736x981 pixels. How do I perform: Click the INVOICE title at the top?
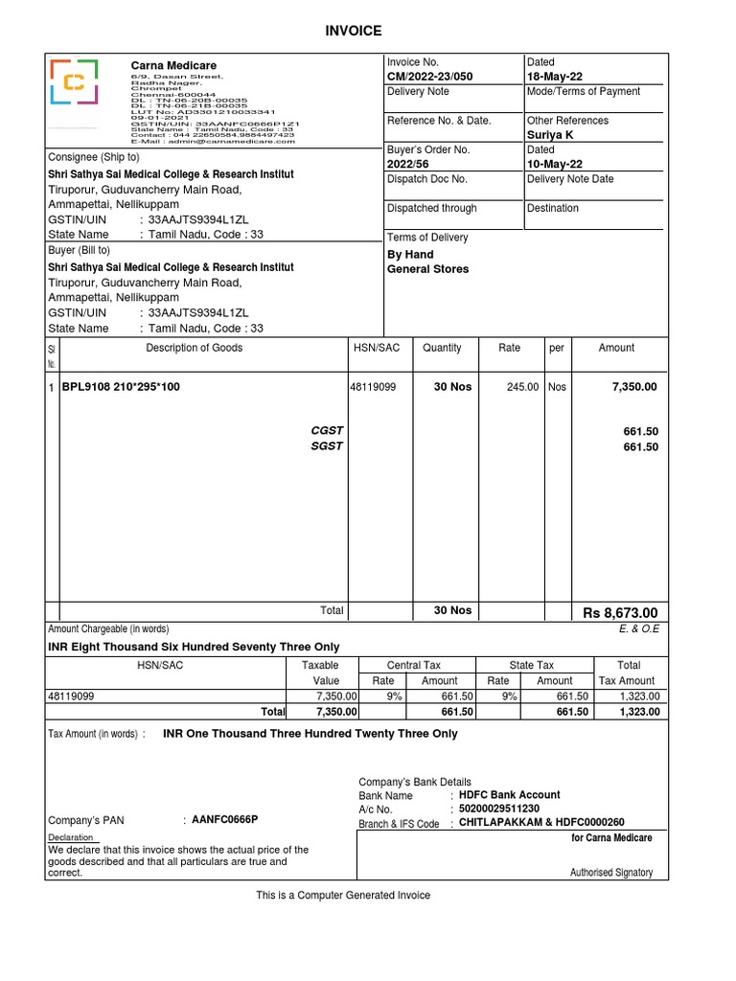(x=354, y=32)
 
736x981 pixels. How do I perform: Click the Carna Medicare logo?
(x=74, y=82)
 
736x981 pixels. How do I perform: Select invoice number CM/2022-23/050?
(x=430, y=77)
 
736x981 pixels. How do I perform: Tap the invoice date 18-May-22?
(x=555, y=77)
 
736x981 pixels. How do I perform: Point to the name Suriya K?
(x=550, y=135)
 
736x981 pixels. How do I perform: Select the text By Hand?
(x=410, y=255)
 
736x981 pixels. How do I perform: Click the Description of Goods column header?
(x=195, y=349)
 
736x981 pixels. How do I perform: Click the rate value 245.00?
(x=522, y=387)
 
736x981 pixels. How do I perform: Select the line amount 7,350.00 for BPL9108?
(x=634, y=387)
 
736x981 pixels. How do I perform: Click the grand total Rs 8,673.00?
(x=620, y=613)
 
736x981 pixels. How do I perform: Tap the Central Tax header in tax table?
(x=414, y=665)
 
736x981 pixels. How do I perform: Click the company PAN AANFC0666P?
(x=225, y=820)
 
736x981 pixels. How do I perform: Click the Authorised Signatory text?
(x=611, y=873)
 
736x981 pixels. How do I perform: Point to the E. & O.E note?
(x=640, y=629)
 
